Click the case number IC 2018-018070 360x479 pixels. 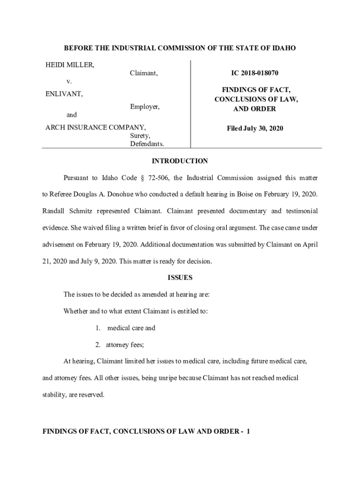pos(255,73)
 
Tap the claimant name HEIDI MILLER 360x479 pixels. pos(70,65)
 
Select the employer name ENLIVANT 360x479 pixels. pos(64,94)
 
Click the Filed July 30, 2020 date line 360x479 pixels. pos(255,128)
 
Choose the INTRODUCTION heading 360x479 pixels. pos(180,161)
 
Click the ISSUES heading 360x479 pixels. pos(180,277)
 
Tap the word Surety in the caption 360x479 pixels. pos(140,136)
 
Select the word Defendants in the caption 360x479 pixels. pos(147,144)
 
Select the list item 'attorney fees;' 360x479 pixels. pos(124,345)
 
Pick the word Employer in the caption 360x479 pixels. pos(144,107)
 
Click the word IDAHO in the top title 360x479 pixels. pos(283,48)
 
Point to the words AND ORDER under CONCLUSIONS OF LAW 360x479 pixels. pos(255,109)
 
